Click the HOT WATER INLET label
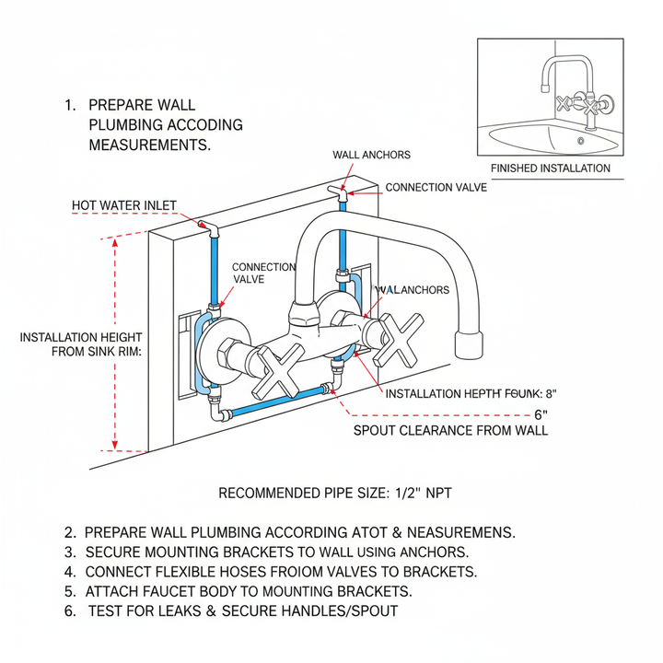(124, 205)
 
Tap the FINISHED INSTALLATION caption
(551, 169)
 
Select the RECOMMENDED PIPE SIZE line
(335, 494)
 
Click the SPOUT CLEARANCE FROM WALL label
(451, 430)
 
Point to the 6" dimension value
(541, 413)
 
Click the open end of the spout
(470, 345)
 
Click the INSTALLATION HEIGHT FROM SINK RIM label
(80, 346)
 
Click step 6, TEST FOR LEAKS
(231, 611)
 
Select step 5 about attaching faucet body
(238, 591)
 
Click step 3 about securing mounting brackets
(267, 552)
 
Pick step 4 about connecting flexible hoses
(271, 572)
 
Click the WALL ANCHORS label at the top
(371, 155)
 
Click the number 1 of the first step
(70, 105)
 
